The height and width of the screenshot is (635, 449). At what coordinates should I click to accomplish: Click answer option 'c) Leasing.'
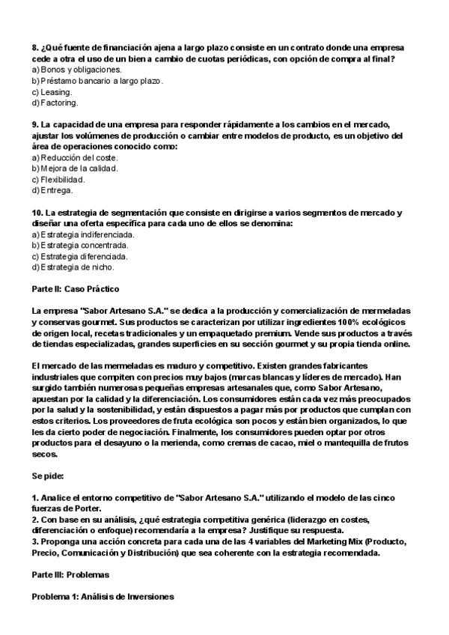click(52, 91)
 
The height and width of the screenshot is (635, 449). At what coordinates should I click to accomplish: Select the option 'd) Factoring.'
click(55, 102)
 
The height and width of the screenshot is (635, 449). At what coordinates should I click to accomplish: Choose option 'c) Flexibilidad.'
click(58, 180)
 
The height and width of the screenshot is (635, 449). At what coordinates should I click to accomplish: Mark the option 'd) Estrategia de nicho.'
click(73, 267)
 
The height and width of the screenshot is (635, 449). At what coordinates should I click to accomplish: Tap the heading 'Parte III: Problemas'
click(70, 575)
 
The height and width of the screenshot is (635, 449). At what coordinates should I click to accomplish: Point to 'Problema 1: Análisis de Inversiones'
click(102, 596)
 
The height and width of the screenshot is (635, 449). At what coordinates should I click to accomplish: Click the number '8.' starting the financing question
click(35, 47)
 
